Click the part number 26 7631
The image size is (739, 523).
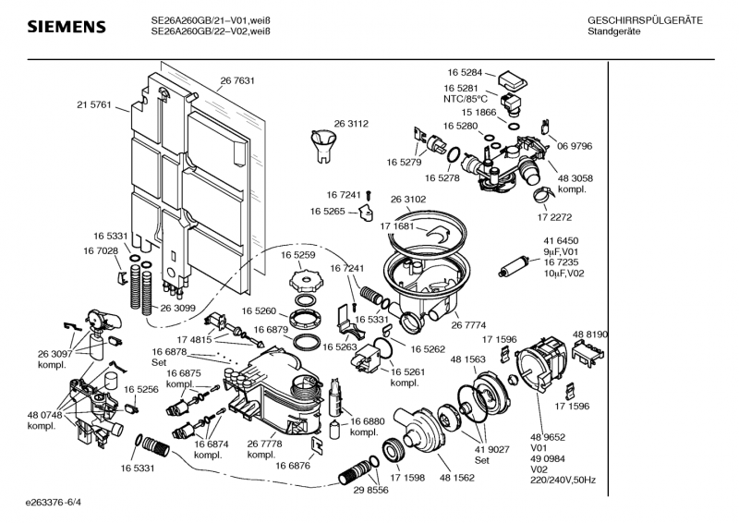click(x=237, y=81)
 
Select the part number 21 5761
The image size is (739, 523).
click(x=93, y=105)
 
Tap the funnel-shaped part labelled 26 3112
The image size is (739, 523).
click(x=323, y=145)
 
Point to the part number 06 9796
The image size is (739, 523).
click(x=575, y=146)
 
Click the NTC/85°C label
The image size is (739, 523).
click(x=465, y=99)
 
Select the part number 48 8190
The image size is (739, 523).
click(x=590, y=334)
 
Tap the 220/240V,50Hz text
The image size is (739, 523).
click(x=563, y=480)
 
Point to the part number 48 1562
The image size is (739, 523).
click(x=458, y=477)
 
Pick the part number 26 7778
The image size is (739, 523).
click(x=265, y=444)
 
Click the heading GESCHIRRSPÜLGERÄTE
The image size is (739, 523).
click(x=645, y=20)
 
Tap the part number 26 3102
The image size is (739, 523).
click(x=408, y=199)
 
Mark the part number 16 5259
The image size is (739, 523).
click(x=298, y=254)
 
